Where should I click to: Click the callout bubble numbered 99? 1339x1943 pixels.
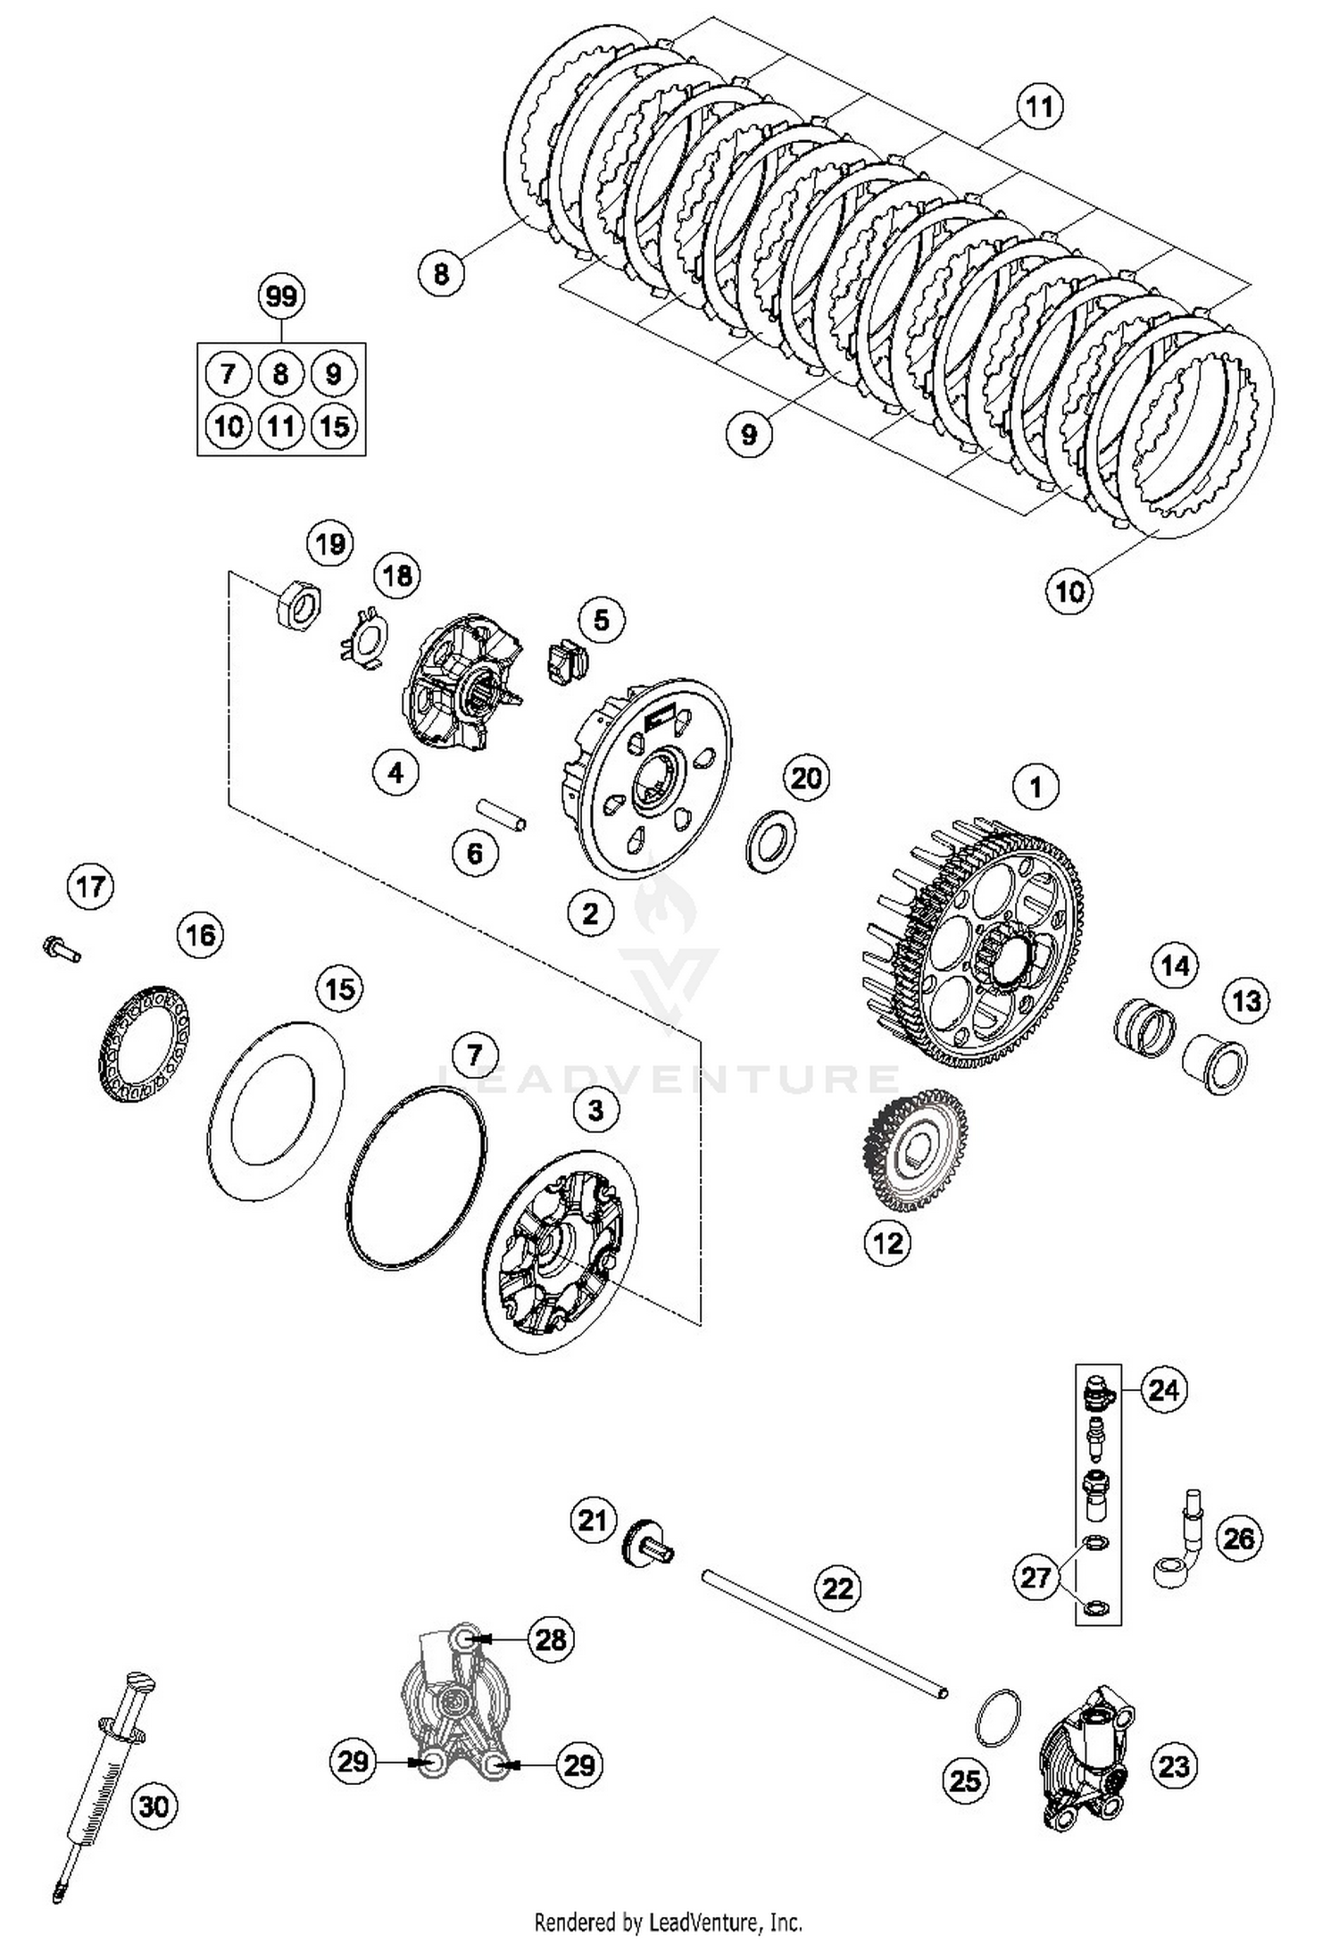point(280,296)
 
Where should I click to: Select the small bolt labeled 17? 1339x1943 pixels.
point(60,947)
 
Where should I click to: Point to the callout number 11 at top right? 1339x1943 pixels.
point(1038,107)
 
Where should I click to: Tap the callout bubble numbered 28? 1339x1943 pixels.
point(552,1639)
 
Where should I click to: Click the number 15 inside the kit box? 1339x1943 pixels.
point(334,426)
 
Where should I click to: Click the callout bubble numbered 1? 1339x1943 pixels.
point(1035,787)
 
